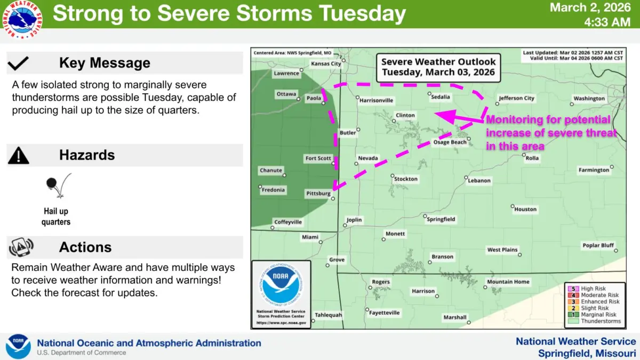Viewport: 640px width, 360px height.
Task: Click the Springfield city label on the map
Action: click(441, 219)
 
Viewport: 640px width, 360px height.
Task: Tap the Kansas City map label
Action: click(326, 64)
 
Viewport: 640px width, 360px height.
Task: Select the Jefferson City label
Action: click(516, 98)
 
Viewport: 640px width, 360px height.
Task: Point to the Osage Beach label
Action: click(449, 142)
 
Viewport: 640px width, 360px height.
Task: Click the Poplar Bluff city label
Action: click(598, 245)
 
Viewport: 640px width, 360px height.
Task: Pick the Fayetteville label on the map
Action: click(384, 313)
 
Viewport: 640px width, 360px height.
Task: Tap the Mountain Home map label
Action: click(508, 282)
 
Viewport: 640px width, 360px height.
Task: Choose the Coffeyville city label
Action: click(287, 222)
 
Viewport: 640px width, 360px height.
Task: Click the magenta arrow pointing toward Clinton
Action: click(459, 116)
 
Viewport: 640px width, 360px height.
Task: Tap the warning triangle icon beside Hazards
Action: click(19, 155)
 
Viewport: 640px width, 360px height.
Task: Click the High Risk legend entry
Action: click(593, 289)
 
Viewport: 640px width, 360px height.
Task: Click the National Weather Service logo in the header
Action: click(23, 19)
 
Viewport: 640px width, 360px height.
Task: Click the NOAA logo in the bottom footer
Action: click(18, 346)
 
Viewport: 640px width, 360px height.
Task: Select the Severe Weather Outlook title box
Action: click(438, 67)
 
